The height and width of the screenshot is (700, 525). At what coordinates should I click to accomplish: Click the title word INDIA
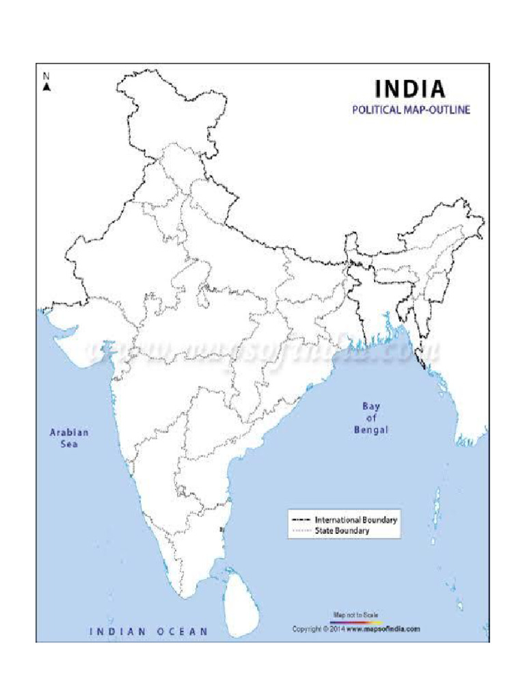tap(410, 89)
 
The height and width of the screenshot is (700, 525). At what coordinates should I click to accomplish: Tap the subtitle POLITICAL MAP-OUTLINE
tap(411, 109)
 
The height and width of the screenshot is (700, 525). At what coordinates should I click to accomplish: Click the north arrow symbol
tap(46, 87)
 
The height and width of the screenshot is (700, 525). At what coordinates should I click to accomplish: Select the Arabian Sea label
tap(68, 438)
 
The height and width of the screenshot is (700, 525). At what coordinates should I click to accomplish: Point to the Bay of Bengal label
tap(371, 418)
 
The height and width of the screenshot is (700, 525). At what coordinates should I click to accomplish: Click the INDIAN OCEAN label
tap(148, 632)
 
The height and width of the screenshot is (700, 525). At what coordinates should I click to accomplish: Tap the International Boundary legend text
tap(356, 520)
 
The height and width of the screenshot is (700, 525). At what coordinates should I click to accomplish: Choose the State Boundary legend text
tap(342, 530)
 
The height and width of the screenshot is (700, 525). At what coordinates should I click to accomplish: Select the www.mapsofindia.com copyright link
tap(383, 629)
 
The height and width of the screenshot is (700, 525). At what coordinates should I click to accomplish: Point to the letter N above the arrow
tap(46, 77)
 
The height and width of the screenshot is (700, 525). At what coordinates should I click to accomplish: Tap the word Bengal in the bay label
tap(371, 430)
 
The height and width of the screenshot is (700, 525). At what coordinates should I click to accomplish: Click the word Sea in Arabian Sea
tap(68, 444)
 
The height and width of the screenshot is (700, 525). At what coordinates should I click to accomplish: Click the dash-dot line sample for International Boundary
tap(301, 520)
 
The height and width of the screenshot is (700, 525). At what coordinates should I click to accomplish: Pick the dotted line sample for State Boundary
tap(301, 530)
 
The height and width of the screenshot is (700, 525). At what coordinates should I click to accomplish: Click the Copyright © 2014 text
tap(319, 629)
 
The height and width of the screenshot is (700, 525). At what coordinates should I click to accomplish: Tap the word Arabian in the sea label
tap(69, 432)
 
